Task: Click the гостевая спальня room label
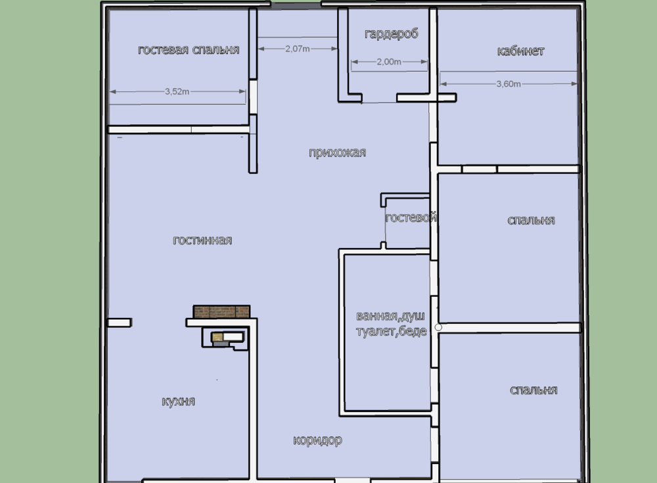click(189, 50)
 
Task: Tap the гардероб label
click(392, 34)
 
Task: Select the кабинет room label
click(520, 51)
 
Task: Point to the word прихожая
click(337, 153)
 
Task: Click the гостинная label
click(202, 240)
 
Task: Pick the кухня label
click(178, 401)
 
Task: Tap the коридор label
click(317, 440)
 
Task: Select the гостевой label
click(411, 218)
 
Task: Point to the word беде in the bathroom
click(413, 332)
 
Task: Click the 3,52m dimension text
click(177, 92)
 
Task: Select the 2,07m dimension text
click(298, 49)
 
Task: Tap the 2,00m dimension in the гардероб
click(389, 63)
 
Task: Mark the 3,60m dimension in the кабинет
click(508, 84)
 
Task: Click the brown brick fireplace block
click(221, 311)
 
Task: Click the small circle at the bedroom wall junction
click(439, 326)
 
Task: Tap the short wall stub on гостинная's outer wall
click(119, 322)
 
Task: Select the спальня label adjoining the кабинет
click(531, 220)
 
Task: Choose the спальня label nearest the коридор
click(533, 390)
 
